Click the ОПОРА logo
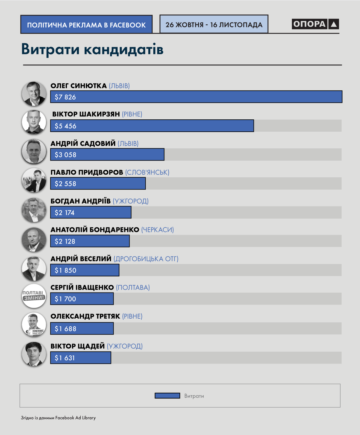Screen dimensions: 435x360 315,24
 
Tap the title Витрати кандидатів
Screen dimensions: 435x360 92,49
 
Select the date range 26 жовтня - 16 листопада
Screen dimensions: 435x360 214,25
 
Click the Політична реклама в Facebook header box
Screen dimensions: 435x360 86,25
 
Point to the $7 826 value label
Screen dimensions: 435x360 65,97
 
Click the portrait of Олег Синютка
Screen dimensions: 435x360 34,94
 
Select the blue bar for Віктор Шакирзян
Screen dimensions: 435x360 152,126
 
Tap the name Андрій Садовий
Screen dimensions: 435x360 83,144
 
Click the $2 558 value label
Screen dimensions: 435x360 65,184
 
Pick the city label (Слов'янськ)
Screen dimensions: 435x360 147,172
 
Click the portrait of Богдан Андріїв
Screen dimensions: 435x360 34,210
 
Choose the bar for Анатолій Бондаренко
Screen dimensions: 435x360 90,241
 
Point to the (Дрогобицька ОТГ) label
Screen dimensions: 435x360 146,259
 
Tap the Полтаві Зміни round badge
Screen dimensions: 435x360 34,296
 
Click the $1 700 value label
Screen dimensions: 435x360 65,299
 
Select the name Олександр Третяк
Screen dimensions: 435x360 85,316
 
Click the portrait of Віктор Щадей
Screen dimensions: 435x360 34,354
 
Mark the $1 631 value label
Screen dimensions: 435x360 65,358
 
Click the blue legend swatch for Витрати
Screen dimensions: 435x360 167,396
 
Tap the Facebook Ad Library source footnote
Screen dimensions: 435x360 58,418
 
